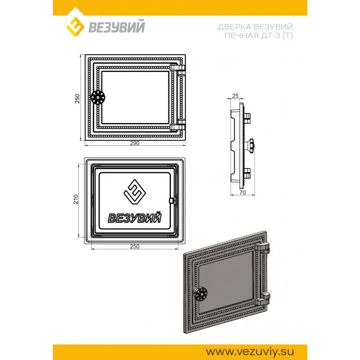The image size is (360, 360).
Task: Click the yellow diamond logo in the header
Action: pyautogui.click(x=76, y=26)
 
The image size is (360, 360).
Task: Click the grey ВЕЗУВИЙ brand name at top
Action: pyautogui.click(x=117, y=26)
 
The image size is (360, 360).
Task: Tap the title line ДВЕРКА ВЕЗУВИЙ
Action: pyautogui.click(x=255, y=27)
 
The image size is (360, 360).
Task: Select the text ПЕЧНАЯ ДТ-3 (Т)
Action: pyautogui.click(x=259, y=35)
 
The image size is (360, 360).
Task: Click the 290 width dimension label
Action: pyautogui.click(x=135, y=143)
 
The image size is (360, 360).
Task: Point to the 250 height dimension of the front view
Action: pyautogui.click(x=77, y=98)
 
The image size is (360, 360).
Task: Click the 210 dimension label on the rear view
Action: pyautogui.click(x=76, y=199)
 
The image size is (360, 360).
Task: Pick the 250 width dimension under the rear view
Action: pyautogui.click(x=135, y=247)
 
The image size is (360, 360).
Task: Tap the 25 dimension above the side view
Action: pyautogui.click(x=235, y=96)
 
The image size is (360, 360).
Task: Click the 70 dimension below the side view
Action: pyautogui.click(x=242, y=193)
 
